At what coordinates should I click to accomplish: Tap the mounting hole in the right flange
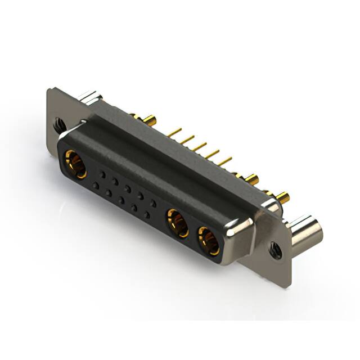(x=276, y=249)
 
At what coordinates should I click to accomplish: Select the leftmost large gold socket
(x=75, y=164)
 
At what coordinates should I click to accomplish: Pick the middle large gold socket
(x=178, y=222)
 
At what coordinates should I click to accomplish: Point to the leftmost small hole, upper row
(x=102, y=175)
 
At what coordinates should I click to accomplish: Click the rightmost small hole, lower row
(x=147, y=215)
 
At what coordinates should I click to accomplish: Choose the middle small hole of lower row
(x=121, y=200)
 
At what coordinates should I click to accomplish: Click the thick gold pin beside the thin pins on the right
(x=250, y=179)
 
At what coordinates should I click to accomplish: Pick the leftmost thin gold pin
(x=174, y=132)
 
